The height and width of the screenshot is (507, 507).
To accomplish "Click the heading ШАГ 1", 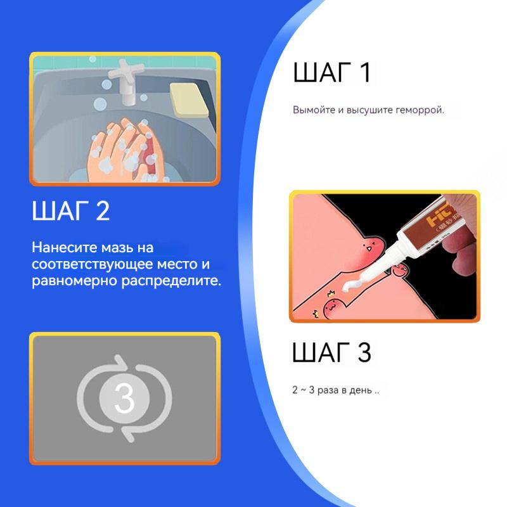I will click(x=331, y=73).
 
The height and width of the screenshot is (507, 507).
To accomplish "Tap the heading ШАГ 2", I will click(x=71, y=211).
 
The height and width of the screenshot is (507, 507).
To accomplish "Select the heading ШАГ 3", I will click(x=331, y=352).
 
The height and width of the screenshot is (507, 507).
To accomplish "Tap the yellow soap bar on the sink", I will click(x=188, y=99).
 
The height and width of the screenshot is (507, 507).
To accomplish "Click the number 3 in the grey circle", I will click(x=124, y=398).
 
